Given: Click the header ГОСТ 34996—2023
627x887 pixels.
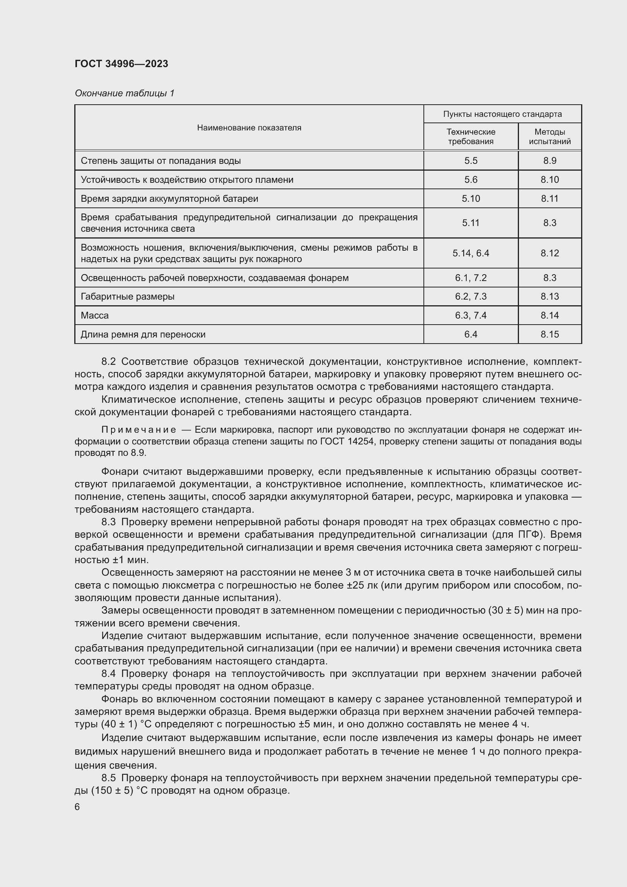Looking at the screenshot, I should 121,64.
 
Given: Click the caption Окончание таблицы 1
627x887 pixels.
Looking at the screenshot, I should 124,93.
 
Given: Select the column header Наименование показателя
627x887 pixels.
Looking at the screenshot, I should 249,128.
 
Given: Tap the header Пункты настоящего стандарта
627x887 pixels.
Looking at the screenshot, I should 502,115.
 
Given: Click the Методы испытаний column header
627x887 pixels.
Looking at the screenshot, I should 549,137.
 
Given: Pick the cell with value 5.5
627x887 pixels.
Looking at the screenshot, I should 471,161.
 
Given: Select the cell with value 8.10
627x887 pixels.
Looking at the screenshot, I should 549,180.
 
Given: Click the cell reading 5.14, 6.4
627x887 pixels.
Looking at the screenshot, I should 471,253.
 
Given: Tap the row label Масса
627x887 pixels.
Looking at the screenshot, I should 95,316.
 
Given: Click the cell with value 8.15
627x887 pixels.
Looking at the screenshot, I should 549,334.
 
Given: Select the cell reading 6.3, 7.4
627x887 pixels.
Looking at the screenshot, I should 471,316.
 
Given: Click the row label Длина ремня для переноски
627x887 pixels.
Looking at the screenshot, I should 143,334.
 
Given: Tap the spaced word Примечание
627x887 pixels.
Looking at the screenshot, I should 139,430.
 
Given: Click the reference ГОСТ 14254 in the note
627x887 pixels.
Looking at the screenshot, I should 347,441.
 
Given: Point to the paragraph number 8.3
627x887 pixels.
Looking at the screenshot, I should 108,522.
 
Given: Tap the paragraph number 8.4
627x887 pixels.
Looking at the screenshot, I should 108,674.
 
